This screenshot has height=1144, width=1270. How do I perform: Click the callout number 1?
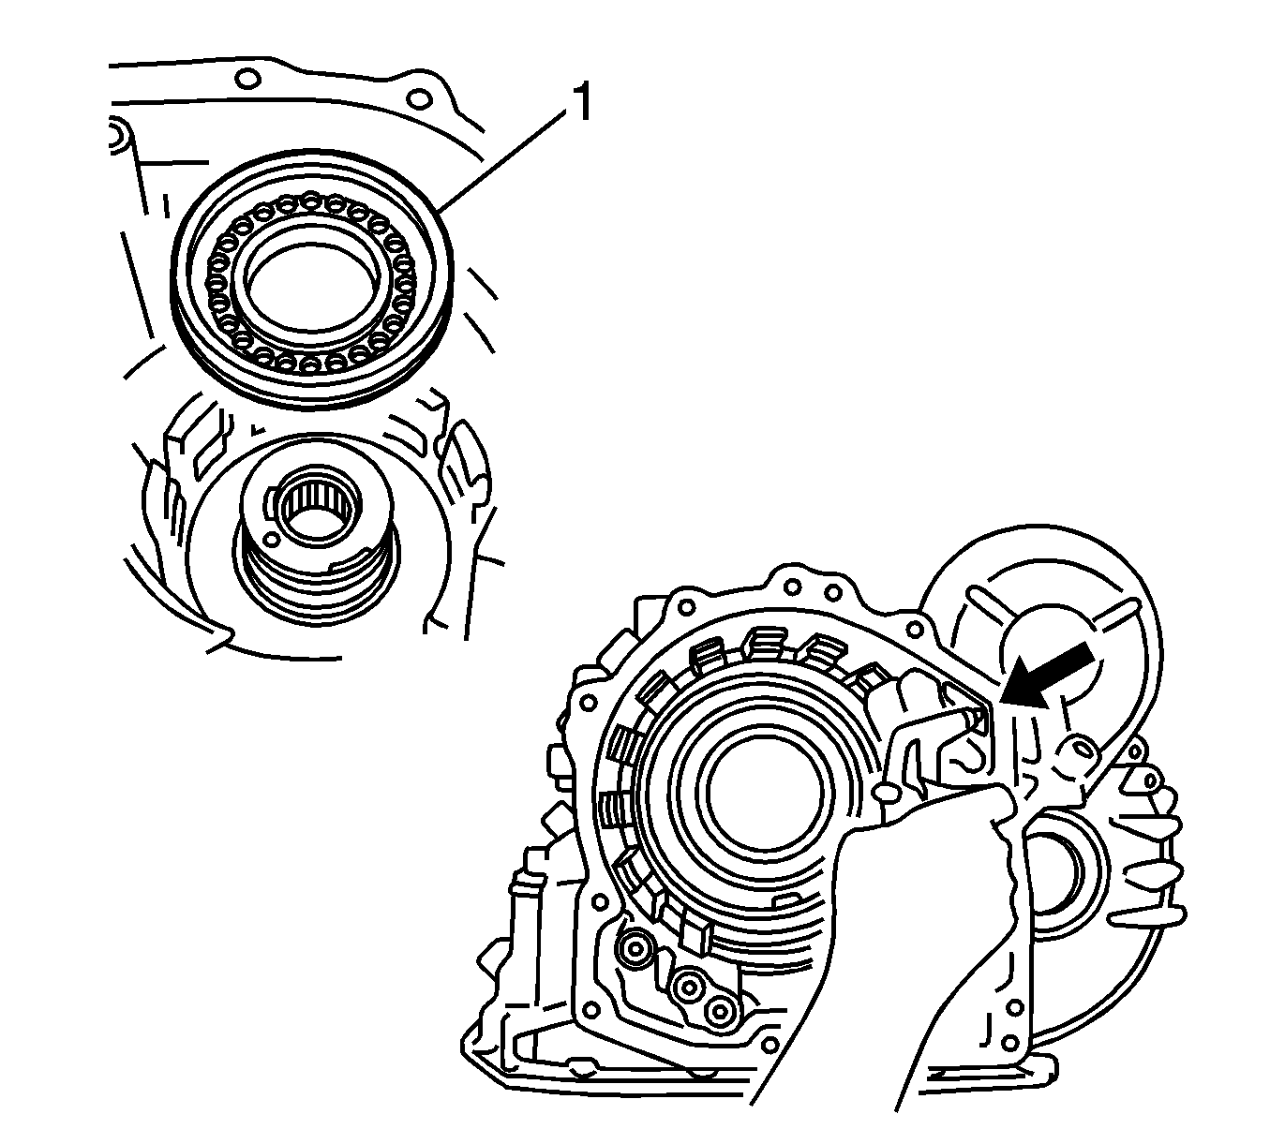pyautogui.click(x=581, y=104)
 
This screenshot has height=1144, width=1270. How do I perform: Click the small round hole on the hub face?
pyautogui.click(x=271, y=541)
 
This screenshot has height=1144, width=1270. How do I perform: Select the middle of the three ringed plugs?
pyautogui.click(x=691, y=987)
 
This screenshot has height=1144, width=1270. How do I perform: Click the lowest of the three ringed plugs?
pyautogui.click(x=719, y=1010)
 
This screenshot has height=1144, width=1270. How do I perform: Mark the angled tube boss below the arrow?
pyautogui.click(x=1078, y=749)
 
